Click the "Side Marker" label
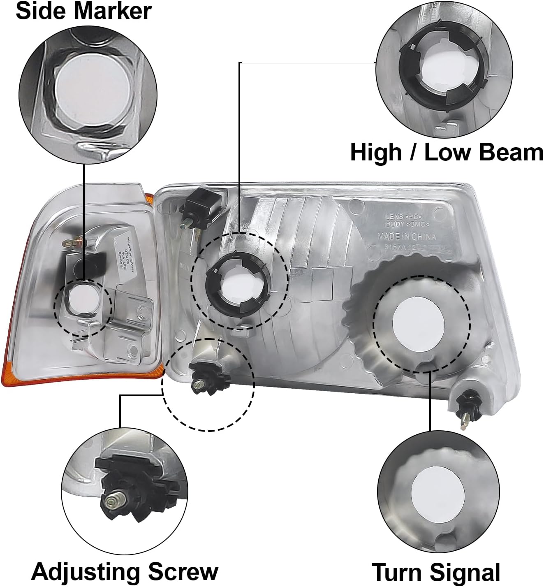(83, 11)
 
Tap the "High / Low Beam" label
(446, 152)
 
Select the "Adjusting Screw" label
(125, 571)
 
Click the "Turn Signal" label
(436, 572)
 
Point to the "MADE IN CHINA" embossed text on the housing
(407, 237)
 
